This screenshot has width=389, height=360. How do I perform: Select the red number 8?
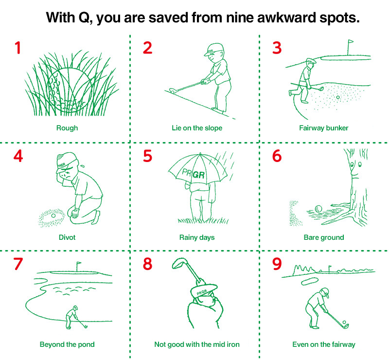(x=147, y=264)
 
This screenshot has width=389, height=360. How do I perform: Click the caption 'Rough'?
(x=67, y=128)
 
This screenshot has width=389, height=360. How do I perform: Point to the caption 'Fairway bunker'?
(x=323, y=128)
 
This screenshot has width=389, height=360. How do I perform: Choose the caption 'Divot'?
(x=67, y=237)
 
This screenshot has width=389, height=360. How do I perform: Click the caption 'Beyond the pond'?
(x=67, y=344)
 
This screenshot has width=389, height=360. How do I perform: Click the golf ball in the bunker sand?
(x=337, y=97)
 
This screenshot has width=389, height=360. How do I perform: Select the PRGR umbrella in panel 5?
(x=198, y=169)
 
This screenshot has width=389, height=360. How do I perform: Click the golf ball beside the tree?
(x=318, y=209)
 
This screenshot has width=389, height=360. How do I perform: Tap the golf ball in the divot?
(x=53, y=216)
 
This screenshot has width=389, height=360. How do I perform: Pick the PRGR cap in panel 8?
(x=204, y=290)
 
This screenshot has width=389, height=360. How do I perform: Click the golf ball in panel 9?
(x=344, y=322)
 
